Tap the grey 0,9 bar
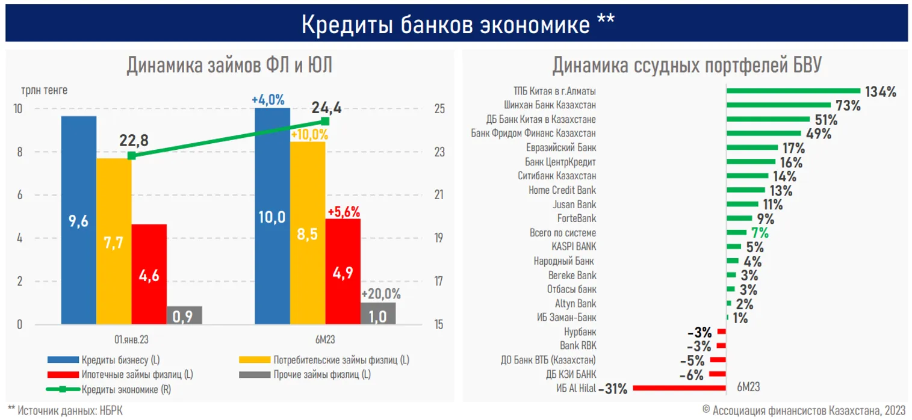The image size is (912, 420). pos(184,315)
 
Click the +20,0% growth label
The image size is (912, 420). pos(380,294)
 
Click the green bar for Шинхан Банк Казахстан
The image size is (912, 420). pos(777,105)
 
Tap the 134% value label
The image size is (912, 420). pos(881,91)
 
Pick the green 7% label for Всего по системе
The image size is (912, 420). pos(760,233)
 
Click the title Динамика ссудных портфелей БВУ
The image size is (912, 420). pos(686,65)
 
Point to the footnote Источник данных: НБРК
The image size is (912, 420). pos(65,410)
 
